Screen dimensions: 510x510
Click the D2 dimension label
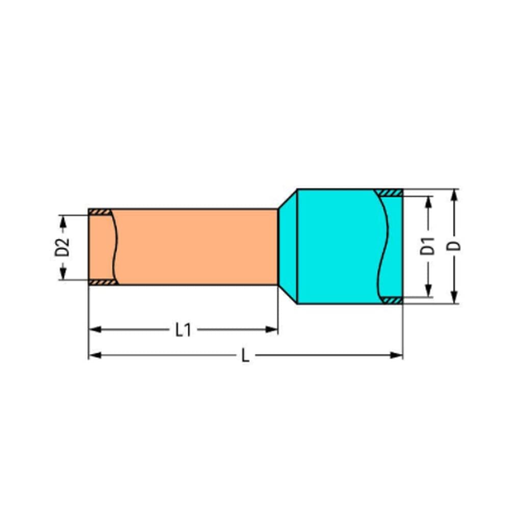62,247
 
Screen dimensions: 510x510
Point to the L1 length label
183,330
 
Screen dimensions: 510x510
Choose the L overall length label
246,355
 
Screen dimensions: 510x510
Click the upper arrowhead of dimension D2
63,221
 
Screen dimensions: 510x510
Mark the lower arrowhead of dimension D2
63,273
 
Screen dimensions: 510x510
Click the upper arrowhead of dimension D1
429,202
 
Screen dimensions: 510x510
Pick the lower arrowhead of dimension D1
429,291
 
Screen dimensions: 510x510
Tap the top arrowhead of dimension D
455,195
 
